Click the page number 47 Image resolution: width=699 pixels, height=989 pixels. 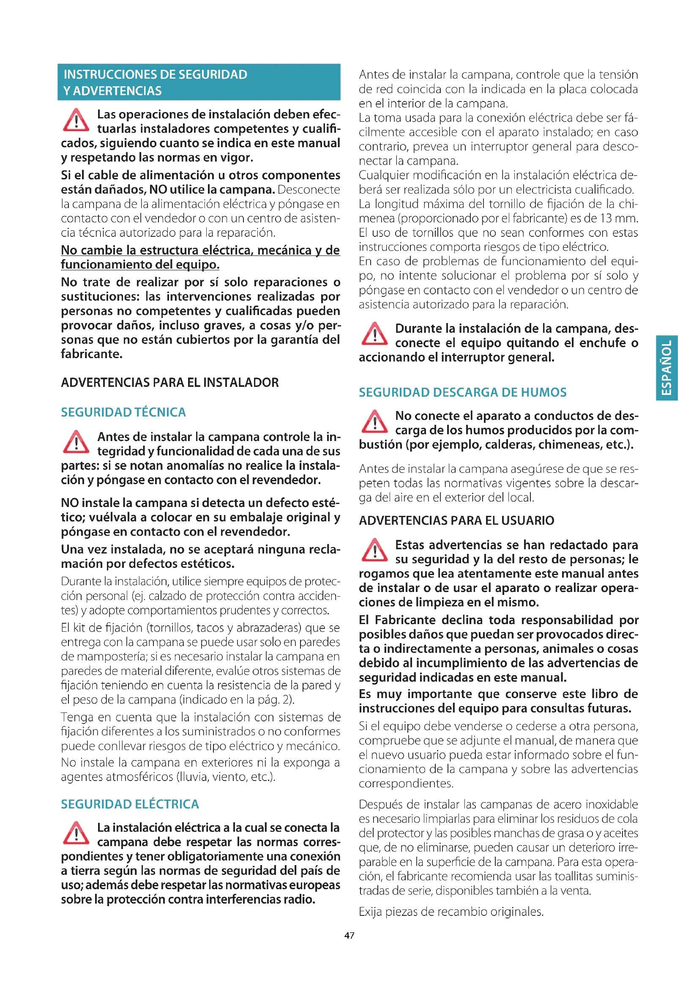click(x=349, y=935)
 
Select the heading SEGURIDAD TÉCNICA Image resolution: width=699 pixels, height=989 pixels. click(x=123, y=412)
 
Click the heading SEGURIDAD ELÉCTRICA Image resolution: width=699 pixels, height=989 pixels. click(x=130, y=804)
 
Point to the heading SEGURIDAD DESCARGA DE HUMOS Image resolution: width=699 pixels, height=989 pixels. click(x=462, y=392)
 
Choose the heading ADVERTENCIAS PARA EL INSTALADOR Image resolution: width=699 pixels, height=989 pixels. click(x=169, y=383)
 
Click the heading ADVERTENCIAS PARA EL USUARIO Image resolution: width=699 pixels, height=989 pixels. click(x=456, y=521)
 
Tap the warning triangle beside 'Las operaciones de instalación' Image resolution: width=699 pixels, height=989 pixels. click(x=76, y=120)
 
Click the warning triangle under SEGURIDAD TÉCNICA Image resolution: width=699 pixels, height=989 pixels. click(x=76, y=442)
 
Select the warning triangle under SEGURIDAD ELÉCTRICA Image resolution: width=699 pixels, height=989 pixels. click(x=76, y=833)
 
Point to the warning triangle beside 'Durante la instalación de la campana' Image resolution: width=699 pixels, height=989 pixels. click(x=374, y=334)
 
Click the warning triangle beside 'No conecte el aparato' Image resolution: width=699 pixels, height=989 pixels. click(x=374, y=421)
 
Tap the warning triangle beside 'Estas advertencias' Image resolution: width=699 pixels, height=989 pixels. click(x=374, y=550)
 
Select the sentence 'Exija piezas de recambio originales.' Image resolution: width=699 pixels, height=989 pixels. click(x=451, y=912)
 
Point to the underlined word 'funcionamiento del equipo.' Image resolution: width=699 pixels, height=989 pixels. click(x=140, y=264)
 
